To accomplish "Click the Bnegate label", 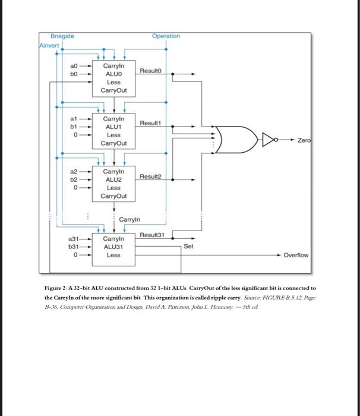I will click(x=62, y=37).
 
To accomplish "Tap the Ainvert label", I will click(x=50, y=45).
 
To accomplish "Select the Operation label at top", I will click(x=166, y=37).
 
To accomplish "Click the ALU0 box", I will click(x=114, y=78).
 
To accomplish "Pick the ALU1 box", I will click(x=114, y=131).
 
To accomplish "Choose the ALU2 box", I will click(x=114, y=183).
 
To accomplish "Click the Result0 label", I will click(x=151, y=71).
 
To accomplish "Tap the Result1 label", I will click(x=151, y=123).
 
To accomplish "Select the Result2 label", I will click(x=151, y=177).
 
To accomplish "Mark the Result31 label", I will click(x=152, y=236).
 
